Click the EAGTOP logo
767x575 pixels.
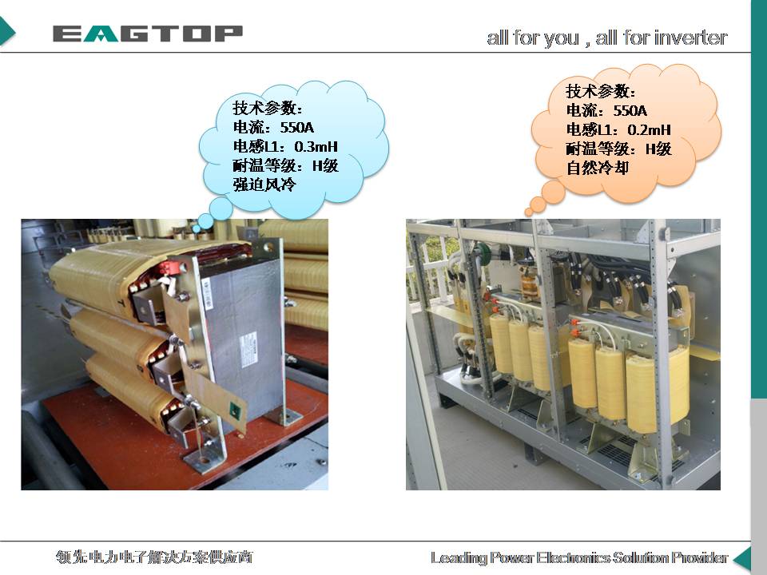(x=148, y=34)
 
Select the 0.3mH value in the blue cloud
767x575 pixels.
(x=316, y=146)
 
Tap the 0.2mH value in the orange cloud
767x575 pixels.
(x=649, y=129)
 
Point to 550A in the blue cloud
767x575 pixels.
(x=296, y=127)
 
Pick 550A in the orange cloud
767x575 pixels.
(x=630, y=110)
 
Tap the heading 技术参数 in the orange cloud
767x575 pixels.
(x=597, y=91)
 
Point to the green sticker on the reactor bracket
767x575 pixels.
(x=235, y=410)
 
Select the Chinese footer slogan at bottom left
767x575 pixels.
(x=154, y=557)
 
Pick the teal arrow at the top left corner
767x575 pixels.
(x=7, y=32)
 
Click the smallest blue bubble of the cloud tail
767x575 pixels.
(x=197, y=228)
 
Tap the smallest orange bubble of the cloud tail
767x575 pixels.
(x=528, y=212)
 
